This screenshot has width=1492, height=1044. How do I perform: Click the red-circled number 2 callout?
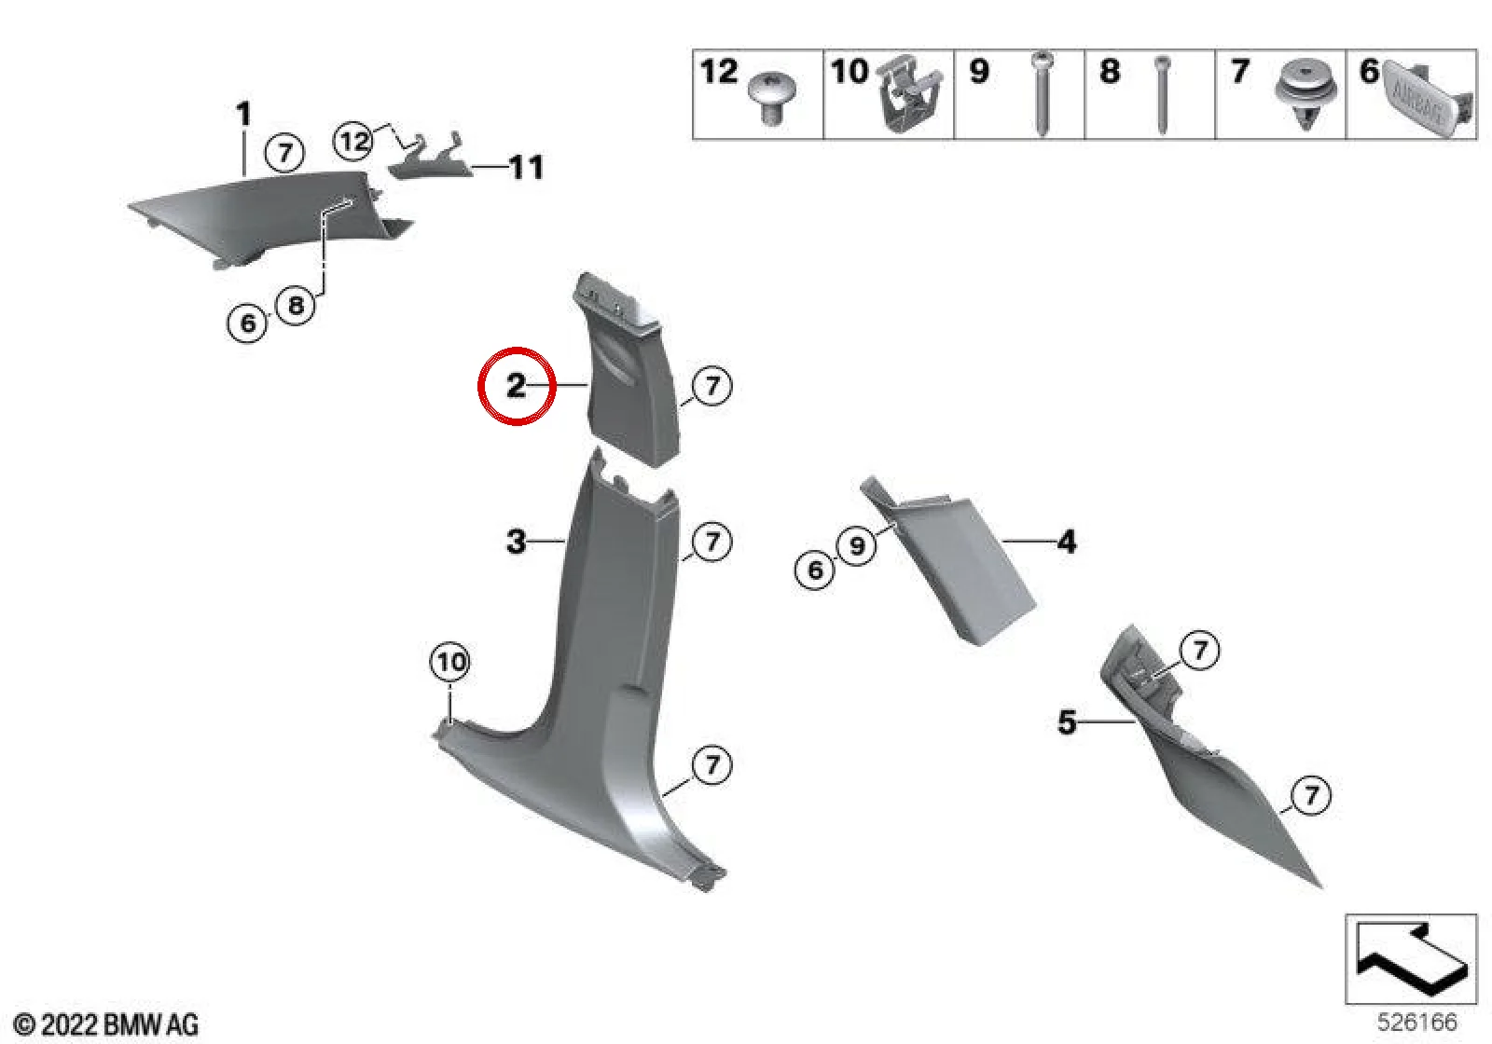pos(517,386)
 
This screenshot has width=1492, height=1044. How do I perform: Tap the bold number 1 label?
pos(244,113)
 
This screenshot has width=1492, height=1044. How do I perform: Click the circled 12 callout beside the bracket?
pos(353,141)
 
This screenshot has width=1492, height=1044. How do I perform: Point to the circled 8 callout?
pos(296,306)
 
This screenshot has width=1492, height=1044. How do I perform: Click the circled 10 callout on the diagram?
pos(450,662)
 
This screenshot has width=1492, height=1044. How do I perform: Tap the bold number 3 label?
pos(517,542)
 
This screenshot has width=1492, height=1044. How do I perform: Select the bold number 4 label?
pos(1067,542)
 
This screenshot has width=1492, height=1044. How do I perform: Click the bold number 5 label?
pos(1067,721)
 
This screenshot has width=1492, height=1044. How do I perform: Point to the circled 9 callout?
pos(857,546)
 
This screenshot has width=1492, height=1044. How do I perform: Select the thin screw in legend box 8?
pos(1163,94)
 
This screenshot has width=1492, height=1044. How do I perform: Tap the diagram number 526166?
pos(1417,1022)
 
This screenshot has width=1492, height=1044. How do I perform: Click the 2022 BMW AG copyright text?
pos(106,1024)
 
